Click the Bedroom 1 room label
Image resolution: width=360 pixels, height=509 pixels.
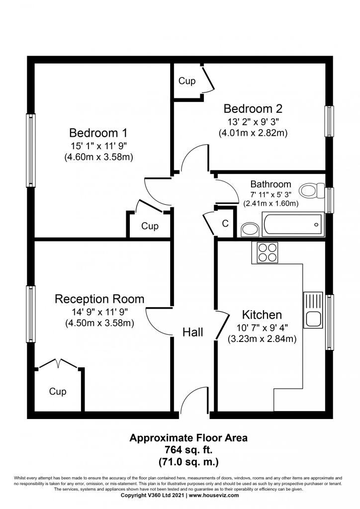(x=98, y=133)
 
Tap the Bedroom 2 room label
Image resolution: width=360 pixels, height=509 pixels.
(x=253, y=108)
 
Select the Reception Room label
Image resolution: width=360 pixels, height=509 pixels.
(x=99, y=299)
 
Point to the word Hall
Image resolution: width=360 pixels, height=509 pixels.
(x=193, y=332)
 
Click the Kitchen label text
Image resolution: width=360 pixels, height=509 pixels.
(x=262, y=315)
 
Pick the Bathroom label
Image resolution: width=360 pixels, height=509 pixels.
(x=270, y=184)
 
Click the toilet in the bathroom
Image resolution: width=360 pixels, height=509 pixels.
(x=312, y=190)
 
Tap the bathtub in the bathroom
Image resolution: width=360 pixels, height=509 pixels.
(x=293, y=225)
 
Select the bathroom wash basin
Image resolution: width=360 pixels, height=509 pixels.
(x=250, y=230)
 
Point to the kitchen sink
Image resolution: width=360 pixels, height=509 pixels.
(x=313, y=310)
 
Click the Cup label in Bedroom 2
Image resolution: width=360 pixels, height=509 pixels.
(x=187, y=81)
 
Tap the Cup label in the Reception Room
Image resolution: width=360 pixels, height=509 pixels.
(x=58, y=391)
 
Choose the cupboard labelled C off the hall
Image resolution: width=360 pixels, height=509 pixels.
(x=225, y=223)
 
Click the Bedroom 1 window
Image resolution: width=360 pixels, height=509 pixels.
(x=30, y=150)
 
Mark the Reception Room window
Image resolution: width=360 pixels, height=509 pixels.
(x=30, y=314)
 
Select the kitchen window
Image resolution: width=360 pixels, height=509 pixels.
(x=329, y=322)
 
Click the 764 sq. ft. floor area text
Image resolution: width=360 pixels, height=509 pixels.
(x=188, y=450)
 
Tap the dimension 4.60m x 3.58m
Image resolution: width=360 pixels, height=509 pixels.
(x=98, y=157)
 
